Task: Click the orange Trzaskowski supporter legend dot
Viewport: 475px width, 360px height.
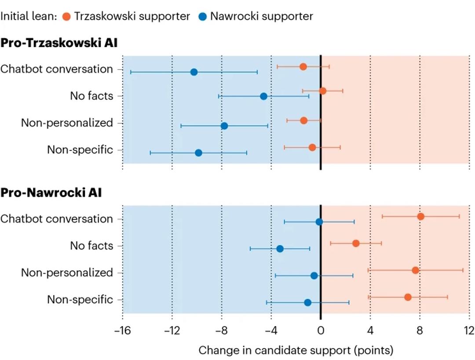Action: click(66, 16)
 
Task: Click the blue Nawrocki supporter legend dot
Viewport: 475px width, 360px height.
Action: click(202, 16)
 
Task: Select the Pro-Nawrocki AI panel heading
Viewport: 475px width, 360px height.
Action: click(51, 193)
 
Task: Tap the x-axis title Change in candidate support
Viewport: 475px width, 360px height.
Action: click(296, 350)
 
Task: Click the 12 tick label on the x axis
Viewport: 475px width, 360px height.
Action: click(469, 330)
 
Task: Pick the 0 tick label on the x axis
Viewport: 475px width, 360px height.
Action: click(321, 330)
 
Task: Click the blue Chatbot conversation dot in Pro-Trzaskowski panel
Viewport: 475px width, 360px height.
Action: click(194, 72)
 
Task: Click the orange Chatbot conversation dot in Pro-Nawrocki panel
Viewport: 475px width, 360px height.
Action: click(420, 216)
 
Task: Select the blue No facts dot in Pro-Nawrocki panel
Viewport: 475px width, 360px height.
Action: click(280, 249)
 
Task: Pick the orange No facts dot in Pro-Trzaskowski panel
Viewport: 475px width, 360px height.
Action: click(322, 91)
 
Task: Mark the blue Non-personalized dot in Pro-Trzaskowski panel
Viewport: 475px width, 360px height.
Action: click(224, 126)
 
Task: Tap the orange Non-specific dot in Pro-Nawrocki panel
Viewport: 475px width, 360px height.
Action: click(408, 297)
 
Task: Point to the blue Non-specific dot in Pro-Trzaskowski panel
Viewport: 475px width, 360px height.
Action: click(198, 153)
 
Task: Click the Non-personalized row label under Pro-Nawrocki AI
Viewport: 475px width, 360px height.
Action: click(67, 272)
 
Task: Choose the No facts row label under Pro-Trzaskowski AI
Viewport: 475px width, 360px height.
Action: click(91, 96)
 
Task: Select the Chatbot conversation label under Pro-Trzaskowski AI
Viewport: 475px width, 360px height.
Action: click(57, 69)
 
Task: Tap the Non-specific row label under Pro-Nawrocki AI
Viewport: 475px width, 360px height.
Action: click(80, 300)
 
